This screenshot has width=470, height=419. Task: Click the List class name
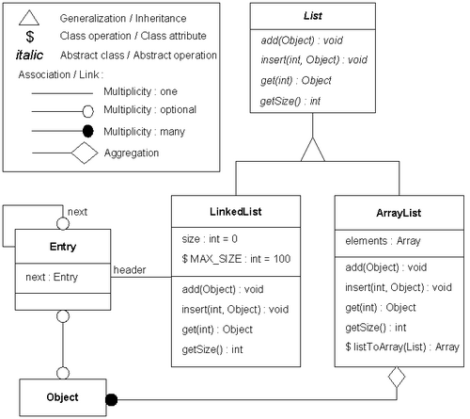click(x=313, y=16)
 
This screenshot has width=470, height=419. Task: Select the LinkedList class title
click(x=236, y=212)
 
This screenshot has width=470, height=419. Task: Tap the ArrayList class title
click(x=399, y=213)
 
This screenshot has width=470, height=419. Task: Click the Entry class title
click(x=63, y=247)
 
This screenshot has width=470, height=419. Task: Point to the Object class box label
click(x=62, y=397)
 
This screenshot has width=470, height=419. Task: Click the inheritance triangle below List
click(x=313, y=150)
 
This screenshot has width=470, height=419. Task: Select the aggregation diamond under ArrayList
click(x=397, y=377)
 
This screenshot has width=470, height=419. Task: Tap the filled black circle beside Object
click(x=111, y=400)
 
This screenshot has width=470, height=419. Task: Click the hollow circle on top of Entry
click(x=63, y=224)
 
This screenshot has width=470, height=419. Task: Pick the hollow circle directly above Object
click(x=63, y=373)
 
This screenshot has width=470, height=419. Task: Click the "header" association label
click(x=130, y=270)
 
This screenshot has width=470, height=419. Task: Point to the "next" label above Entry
click(x=77, y=212)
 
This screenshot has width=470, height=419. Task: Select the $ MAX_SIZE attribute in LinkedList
click(x=236, y=259)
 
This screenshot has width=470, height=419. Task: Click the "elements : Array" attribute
click(x=383, y=241)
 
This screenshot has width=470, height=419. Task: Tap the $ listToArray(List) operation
click(x=402, y=346)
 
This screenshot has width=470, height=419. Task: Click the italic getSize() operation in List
click(x=290, y=101)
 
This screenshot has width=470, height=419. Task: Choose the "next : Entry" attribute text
click(x=52, y=277)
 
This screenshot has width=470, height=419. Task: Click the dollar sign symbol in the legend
click(x=30, y=37)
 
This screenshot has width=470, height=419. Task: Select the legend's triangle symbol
click(x=29, y=18)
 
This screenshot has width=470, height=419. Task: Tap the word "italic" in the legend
click(x=29, y=55)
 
